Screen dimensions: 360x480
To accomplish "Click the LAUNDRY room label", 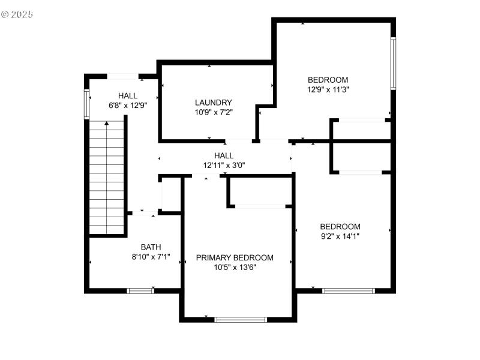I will point(213,103).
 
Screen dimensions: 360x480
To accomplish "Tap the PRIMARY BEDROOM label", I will point(235,257).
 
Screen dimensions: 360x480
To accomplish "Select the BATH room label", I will point(151,247).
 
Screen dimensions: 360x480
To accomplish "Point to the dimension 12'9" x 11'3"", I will point(328,89).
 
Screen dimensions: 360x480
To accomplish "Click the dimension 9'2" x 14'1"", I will point(340,236).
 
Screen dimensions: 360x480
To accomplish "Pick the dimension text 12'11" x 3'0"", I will point(223,165).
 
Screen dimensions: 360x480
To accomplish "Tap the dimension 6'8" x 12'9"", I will point(128,105).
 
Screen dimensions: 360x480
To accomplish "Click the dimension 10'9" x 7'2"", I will point(213,112).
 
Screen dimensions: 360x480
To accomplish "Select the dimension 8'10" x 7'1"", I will point(151,256).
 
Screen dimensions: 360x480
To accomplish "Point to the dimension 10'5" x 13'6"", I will point(235,268).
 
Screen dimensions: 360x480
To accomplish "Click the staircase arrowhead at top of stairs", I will point(107,123).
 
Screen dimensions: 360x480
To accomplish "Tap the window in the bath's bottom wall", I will point(140,290).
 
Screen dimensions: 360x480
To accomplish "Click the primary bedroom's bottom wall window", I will point(241,319).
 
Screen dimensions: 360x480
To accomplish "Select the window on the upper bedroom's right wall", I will point(394,64).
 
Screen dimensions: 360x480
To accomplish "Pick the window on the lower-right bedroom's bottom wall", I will point(349,291).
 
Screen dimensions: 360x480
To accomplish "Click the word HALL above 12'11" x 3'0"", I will point(223,155).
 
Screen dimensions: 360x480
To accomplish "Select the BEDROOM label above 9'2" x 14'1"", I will point(340,226).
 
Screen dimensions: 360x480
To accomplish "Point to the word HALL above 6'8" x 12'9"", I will point(128,95).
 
